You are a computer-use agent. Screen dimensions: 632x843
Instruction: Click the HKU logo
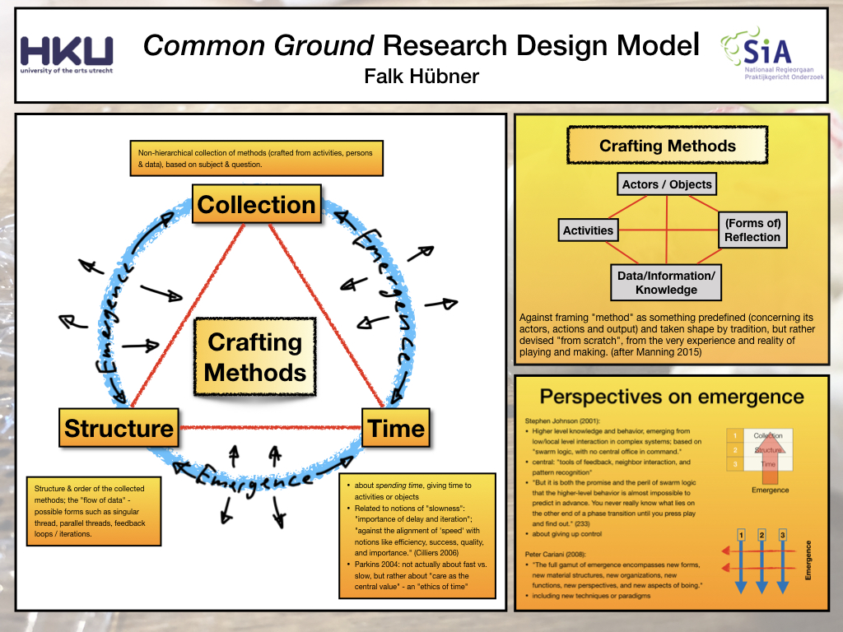pos(67,54)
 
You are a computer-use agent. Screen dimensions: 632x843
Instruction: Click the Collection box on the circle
pos(257,205)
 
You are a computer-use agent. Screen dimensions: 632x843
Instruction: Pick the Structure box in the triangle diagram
pos(119,429)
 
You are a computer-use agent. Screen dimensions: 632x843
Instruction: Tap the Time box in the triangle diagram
pos(396,429)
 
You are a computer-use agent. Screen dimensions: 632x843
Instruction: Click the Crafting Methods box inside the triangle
pos(255,357)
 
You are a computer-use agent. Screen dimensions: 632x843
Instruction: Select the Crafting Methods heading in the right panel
pos(667,146)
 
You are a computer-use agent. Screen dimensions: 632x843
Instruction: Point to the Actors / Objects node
pos(667,184)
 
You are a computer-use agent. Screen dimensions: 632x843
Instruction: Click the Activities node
pos(588,230)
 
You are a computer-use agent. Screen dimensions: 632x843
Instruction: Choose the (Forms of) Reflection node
pos(752,230)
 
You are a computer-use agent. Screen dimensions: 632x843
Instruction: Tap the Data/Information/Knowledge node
pos(667,282)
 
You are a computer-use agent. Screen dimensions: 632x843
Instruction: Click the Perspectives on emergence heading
pos(672,397)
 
